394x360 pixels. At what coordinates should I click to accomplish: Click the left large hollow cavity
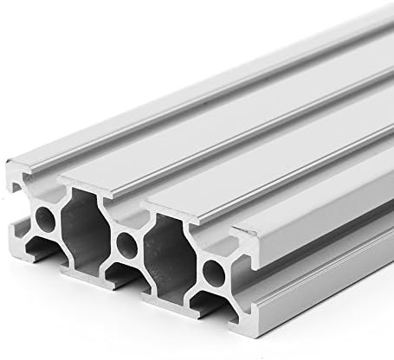[86, 227]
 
